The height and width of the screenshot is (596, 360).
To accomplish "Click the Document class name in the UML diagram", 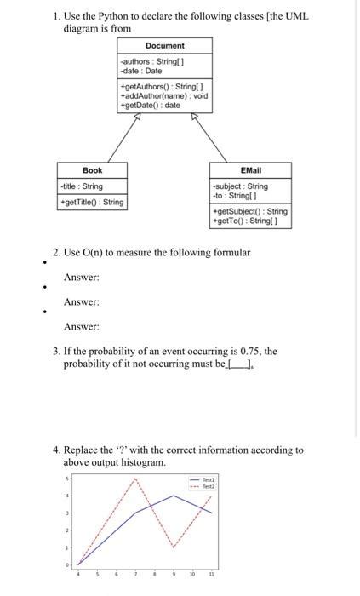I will (x=164, y=45).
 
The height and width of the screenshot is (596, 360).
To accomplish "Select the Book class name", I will (x=92, y=170).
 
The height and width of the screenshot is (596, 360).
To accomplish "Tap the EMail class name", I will (x=251, y=170).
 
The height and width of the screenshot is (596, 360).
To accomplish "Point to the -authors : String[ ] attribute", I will (x=152, y=60).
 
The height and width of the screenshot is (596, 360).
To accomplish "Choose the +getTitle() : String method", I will (x=92, y=202).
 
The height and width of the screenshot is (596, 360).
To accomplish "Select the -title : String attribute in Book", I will (x=82, y=186).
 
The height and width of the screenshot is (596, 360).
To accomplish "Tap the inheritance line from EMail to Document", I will (x=221, y=142).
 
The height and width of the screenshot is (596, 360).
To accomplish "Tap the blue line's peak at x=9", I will (x=173, y=495).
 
